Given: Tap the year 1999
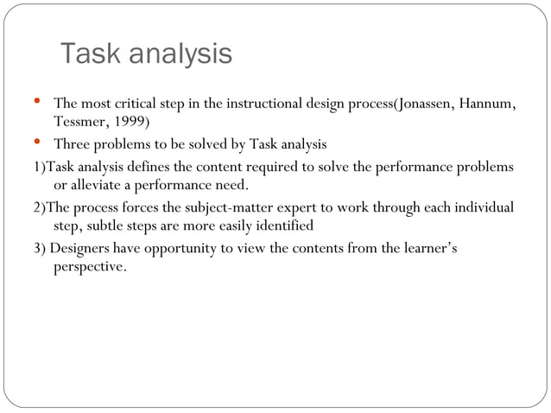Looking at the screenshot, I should point(130,122).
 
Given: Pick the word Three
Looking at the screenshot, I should point(72,143).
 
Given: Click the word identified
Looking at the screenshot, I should point(283,226).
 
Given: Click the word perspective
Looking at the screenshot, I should point(90,268).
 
